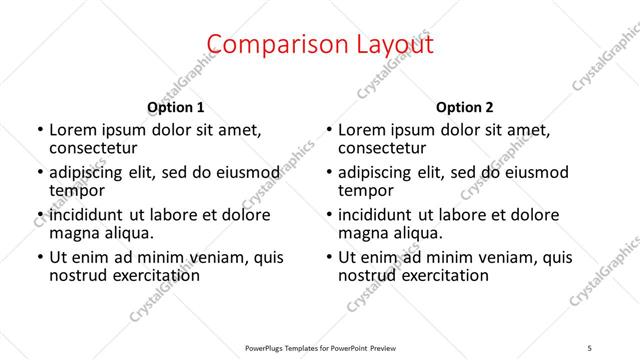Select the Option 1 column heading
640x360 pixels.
pos(176,107)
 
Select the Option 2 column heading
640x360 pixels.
pos(465,107)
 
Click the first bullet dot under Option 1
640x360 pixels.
pos(40,130)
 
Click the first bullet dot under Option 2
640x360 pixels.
pos(329,130)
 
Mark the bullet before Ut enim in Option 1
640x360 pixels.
pos(40,257)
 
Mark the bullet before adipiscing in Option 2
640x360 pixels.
pos(329,173)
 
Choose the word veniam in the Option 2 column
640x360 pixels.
pos(510,257)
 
